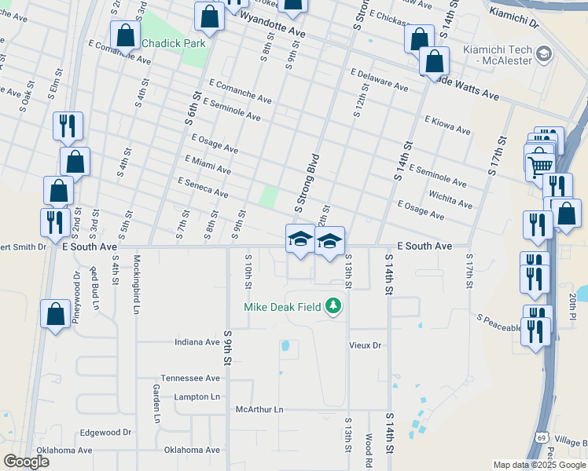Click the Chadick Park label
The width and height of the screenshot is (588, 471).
[x=173, y=43]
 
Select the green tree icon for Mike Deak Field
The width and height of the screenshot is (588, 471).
[x=334, y=305]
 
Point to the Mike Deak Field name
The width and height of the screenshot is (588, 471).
[x=282, y=307]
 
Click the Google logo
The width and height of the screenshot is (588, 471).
[x=26, y=462]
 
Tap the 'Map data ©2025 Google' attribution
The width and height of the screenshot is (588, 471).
[x=539, y=465]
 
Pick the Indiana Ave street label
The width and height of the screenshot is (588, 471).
[x=197, y=342]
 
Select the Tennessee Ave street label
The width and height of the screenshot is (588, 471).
[x=190, y=378]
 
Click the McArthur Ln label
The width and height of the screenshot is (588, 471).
[x=259, y=410]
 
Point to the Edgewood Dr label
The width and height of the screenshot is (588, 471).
[x=105, y=433]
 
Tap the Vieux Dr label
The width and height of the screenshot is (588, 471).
[x=365, y=345]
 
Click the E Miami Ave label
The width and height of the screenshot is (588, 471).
[x=208, y=164]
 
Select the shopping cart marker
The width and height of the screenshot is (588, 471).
[x=540, y=164]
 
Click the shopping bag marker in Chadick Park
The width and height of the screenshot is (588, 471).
[x=126, y=35]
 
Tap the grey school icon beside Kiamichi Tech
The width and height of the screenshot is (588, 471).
[x=543, y=53]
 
